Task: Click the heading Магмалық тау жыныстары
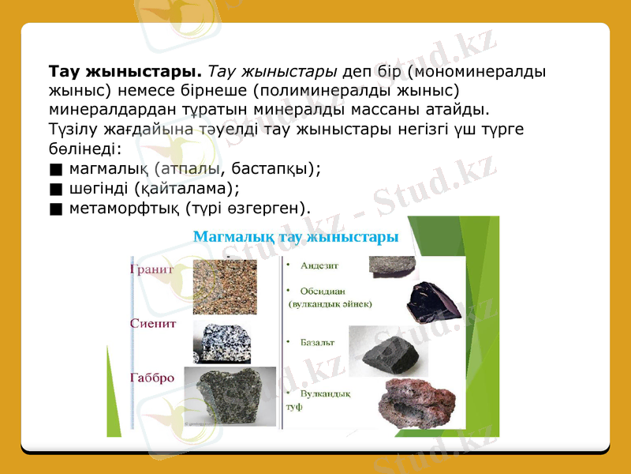[x=296, y=235]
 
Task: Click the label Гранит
[x=151, y=269]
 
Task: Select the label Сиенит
[x=153, y=323]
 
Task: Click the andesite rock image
[x=395, y=263]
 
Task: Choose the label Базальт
[x=318, y=343]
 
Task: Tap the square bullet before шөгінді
[x=54, y=188]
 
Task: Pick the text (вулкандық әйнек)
[x=330, y=303]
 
